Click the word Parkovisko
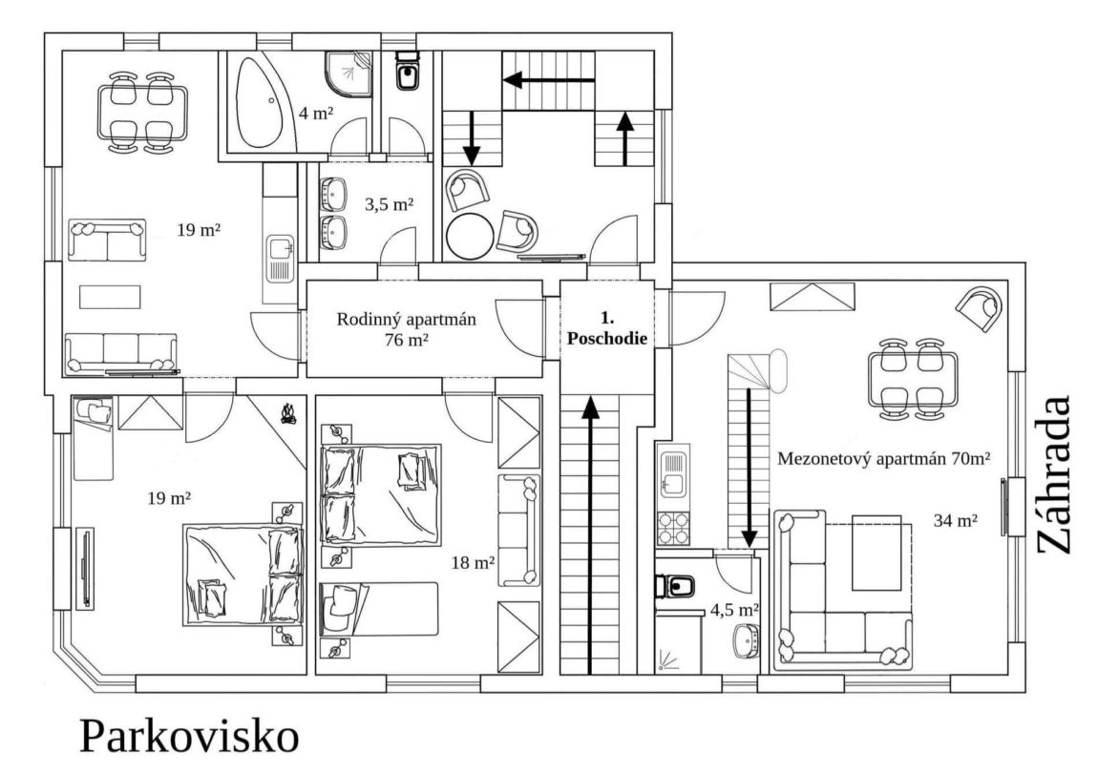[x=189, y=736]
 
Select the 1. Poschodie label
[x=607, y=328]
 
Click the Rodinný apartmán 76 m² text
[x=406, y=329]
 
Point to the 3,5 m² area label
[x=389, y=205]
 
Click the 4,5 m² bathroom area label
[x=734, y=610]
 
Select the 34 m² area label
[x=956, y=521]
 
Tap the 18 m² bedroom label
[x=474, y=562]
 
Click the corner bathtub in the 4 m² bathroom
[x=262, y=103]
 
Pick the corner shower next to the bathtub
[x=348, y=73]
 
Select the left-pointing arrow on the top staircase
[x=549, y=80]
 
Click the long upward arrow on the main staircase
[x=592, y=534]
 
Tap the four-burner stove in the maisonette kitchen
[x=673, y=529]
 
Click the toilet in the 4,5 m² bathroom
[x=674, y=586]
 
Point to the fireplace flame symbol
[x=287, y=413]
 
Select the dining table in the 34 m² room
[x=912, y=379]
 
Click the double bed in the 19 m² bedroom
[x=243, y=575]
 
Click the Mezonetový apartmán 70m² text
[x=884, y=459]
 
